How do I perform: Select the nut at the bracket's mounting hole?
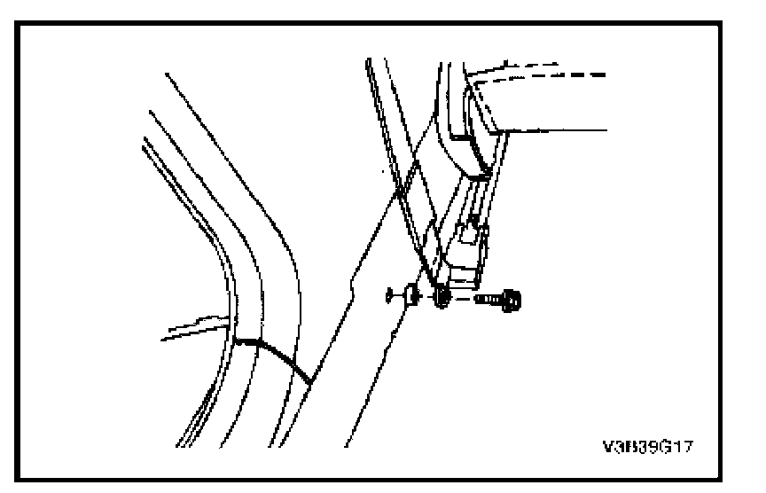(442, 299)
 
